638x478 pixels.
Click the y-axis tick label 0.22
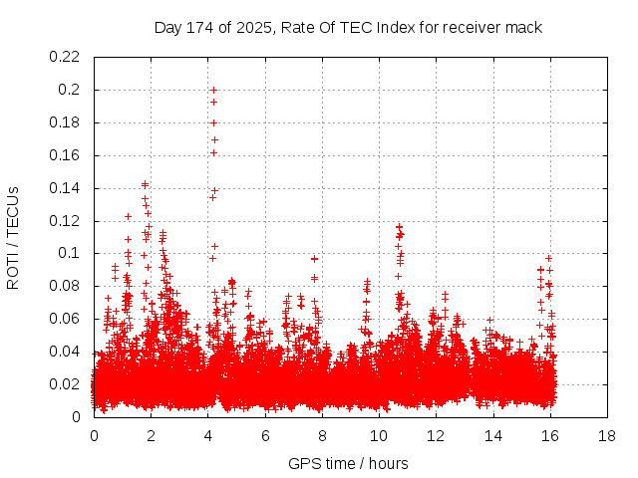(67, 57)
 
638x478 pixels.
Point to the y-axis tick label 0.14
(67, 188)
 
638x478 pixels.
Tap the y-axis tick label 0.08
(67, 287)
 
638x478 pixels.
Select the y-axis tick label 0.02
(67, 384)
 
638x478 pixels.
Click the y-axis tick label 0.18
(67, 122)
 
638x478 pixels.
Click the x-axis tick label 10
(379, 436)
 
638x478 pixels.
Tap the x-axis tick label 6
(265, 436)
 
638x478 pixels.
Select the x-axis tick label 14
(492, 436)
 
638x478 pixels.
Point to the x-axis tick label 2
(152, 436)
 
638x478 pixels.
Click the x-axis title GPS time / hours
(348, 463)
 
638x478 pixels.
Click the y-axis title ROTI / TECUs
(14, 237)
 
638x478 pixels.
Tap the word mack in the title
(523, 27)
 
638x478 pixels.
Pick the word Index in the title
(399, 27)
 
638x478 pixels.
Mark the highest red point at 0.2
(213, 90)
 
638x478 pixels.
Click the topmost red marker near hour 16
(548, 258)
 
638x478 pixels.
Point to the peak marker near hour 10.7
(399, 227)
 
